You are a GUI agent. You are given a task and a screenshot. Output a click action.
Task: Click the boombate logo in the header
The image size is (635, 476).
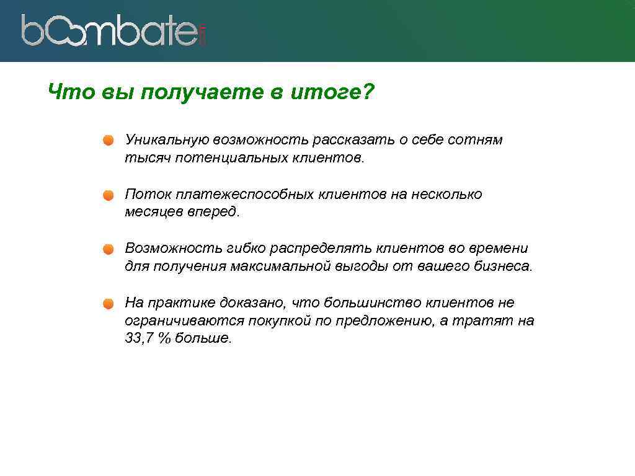[113, 30]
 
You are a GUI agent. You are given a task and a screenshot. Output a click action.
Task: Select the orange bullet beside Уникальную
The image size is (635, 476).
[109, 140]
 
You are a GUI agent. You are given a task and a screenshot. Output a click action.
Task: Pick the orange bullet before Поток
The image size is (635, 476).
[109, 195]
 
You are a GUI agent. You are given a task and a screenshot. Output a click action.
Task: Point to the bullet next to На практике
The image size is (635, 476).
[109, 304]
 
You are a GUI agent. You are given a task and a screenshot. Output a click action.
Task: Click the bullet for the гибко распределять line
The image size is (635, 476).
[109, 249]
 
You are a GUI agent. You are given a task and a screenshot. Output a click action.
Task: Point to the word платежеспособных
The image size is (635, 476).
[245, 195]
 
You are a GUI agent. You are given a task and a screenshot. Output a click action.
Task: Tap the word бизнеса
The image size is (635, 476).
[503, 267]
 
